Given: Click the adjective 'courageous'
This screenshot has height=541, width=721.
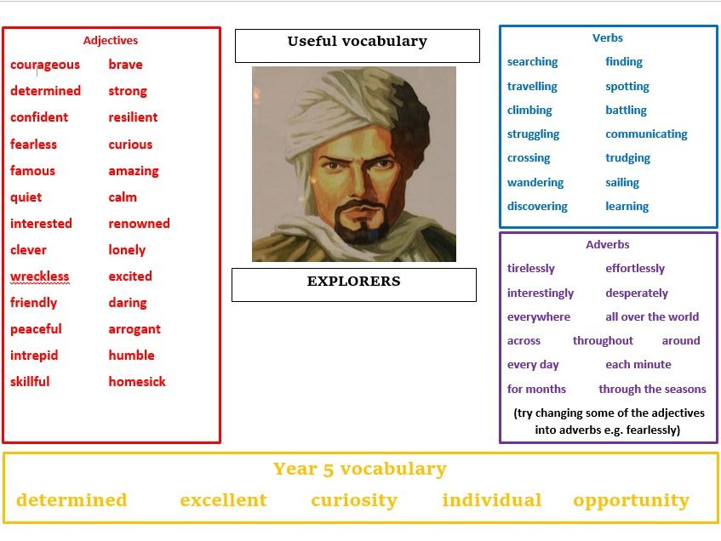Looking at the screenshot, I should pos(45,65).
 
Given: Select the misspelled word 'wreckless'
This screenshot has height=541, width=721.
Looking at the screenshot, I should pos(40,276).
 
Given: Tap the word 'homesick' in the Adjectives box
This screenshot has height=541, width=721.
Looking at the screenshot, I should pos(137,382).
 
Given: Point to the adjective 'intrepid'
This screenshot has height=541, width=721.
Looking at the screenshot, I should pos(34,356).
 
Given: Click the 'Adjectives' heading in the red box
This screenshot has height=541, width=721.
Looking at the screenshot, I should pos(111,40).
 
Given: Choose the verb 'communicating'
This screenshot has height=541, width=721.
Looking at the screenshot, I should pos(646,134).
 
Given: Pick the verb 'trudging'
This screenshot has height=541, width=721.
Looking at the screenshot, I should pos(627,158).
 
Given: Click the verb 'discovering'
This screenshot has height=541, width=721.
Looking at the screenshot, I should pos(537,207).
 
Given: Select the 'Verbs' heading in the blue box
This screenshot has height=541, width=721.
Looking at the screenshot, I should pos(608,38).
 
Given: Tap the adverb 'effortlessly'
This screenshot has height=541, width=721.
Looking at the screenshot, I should pos(635,269).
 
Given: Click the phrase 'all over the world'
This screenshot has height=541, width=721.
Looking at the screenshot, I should pos(652,317).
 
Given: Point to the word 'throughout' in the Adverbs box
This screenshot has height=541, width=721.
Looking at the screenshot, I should pos(603,341).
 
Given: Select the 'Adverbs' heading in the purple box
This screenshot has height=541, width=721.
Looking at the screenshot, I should pos(608,245).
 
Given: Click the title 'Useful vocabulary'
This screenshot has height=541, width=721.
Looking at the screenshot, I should pos(357,42).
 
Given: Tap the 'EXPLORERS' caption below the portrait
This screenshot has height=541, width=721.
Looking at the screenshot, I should pos(353,282).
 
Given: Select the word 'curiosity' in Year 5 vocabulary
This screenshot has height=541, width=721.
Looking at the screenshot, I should pos(354,500).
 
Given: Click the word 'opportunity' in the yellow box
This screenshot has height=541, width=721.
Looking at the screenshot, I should pos(631,500).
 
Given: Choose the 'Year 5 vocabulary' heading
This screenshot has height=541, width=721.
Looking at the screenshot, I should pos(360,470).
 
